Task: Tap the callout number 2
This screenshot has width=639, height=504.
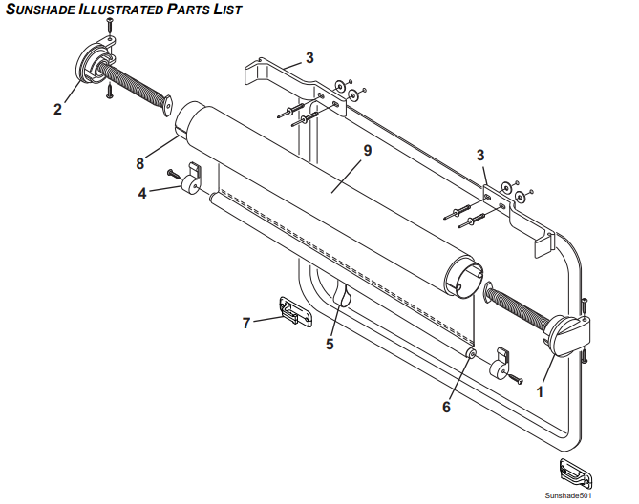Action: (57, 109)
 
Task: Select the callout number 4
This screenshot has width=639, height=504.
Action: (142, 193)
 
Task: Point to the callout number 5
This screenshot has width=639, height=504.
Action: (330, 344)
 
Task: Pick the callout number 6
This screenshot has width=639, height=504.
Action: (446, 407)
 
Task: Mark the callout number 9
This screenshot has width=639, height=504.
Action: (367, 150)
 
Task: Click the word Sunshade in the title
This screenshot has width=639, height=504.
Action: (42, 10)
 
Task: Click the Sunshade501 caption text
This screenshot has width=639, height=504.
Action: (569, 496)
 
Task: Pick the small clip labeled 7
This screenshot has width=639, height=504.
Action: (293, 311)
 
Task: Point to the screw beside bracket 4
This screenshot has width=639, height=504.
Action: (172, 174)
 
